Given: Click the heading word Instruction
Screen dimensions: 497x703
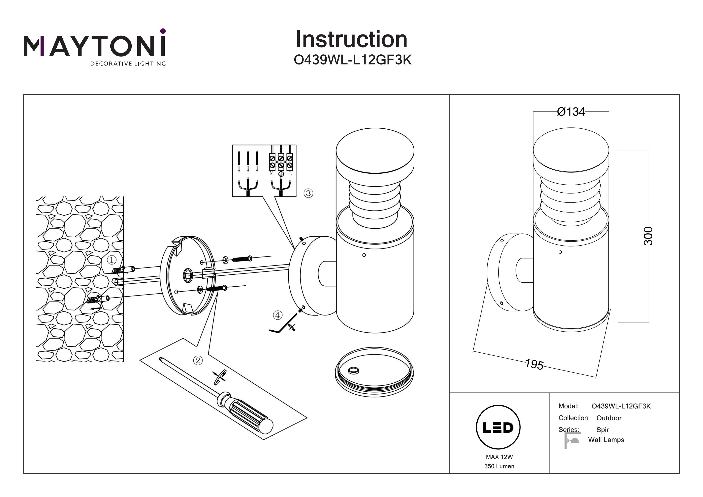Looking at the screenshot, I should [x=351, y=40].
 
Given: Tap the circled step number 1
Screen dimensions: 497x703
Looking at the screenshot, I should [x=112, y=260].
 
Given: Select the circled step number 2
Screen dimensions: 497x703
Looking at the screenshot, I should [x=198, y=360].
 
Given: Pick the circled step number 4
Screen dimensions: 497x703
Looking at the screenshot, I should [x=277, y=315].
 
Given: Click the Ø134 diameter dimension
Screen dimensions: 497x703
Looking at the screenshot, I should [x=571, y=112].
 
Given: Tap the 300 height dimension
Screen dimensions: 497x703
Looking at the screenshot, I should [x=648, y=236].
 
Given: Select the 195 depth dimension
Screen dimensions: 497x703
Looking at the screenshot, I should [x=534, y=364].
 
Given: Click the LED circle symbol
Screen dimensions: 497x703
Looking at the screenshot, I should [x=498, y=427].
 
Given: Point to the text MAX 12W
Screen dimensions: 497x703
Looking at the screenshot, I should [x=499, y=457].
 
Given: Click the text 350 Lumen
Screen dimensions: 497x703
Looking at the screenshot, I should [x=499, y=466].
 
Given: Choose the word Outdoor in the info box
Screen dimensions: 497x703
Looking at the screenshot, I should [x=609, y=418].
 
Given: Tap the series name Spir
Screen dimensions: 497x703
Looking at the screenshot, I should [x=602, y=430].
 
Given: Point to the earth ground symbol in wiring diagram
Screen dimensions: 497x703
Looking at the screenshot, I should [x=281, y=174].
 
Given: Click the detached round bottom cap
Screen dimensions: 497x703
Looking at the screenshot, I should [x=374, y=372].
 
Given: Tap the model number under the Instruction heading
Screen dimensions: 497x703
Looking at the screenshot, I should [x=352, y=60].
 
